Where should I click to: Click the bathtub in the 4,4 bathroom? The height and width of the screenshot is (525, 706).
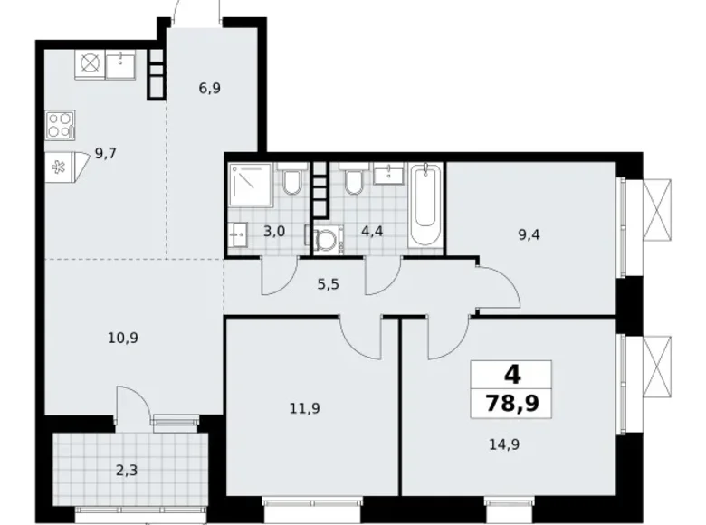click(x=425, y=204)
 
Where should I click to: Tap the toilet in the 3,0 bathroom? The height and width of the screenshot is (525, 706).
click(x=291, y=183)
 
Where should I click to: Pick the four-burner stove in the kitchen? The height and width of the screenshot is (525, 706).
click(x=59, y=124)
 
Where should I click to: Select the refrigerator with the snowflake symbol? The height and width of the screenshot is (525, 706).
click(x=60, y=167)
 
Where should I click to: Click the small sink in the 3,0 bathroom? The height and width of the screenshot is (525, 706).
click(x=239, y=234)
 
